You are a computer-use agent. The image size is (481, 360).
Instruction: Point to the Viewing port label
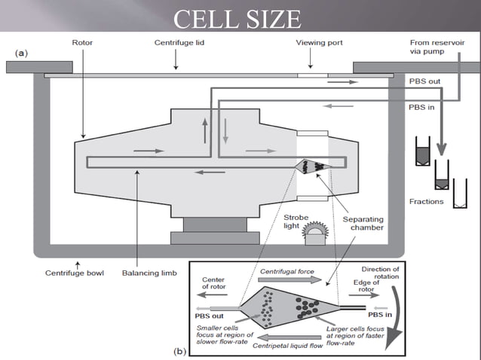(x=319, y=43)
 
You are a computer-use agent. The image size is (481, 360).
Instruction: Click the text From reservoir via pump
(x=441, y=47)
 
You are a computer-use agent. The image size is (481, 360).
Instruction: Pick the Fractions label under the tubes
(x=427, y=202)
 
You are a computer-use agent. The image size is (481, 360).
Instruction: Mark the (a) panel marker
(x=23, y=53)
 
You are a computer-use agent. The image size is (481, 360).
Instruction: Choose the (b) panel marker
(x=180, y=351)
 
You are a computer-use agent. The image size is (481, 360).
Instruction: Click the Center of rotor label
(x=213, y=284)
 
